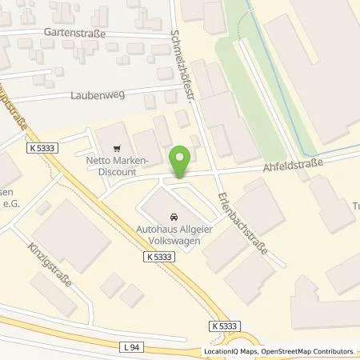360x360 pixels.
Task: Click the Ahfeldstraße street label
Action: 293,166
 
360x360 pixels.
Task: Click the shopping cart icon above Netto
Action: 118,148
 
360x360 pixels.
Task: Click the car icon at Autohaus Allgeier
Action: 173,216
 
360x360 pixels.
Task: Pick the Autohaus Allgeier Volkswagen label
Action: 172,232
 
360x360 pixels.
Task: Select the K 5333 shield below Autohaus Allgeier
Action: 158,255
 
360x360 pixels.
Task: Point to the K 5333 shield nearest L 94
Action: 226,326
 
